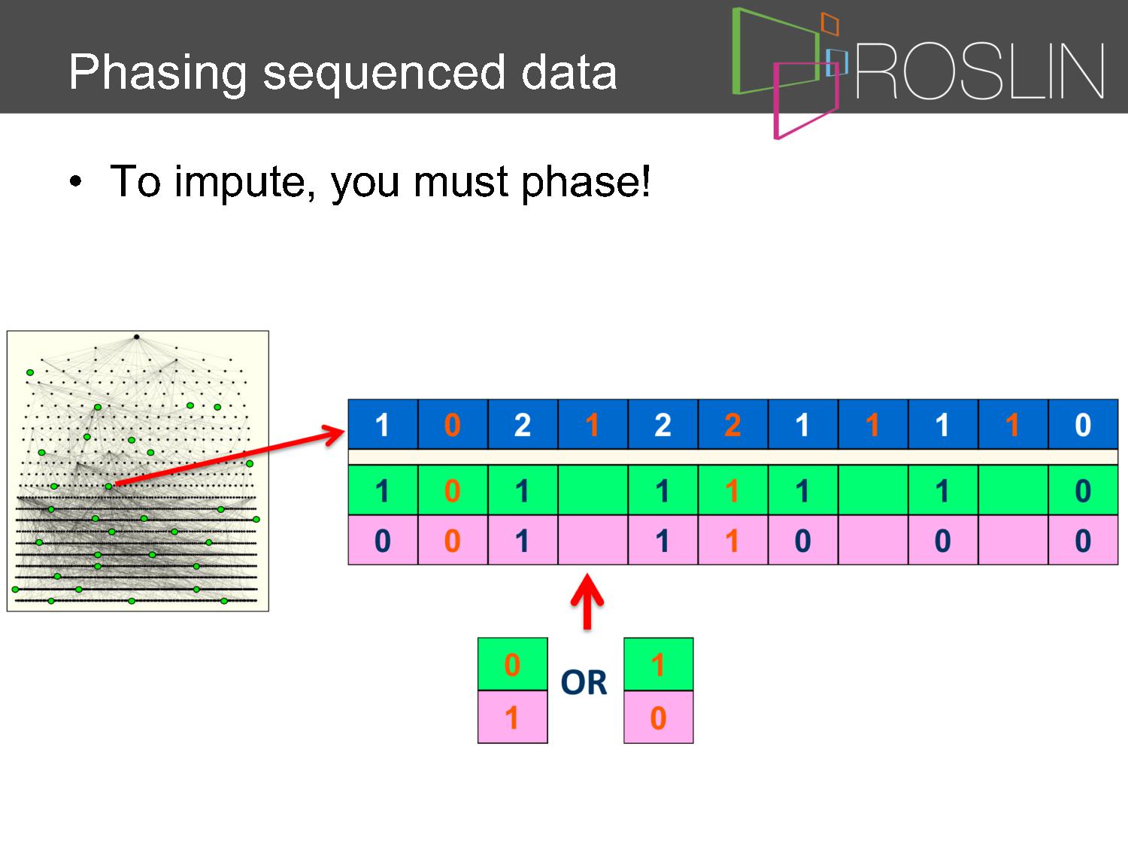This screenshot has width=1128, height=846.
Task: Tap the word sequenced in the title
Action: [384, 74]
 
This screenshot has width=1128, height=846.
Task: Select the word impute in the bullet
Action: [244, 182]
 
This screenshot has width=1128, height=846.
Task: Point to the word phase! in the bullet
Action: [586, 182]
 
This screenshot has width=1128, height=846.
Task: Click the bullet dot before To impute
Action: [75, 181]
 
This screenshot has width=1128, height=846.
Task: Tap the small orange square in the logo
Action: [830, 23]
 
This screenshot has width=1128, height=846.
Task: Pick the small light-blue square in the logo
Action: [836, 62]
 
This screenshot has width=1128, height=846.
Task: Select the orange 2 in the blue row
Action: [732, 425]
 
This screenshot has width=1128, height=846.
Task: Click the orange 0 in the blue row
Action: [452, 425]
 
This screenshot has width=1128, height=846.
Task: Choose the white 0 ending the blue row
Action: [1083, 425]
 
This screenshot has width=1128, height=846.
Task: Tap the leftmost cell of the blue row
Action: [383, 424]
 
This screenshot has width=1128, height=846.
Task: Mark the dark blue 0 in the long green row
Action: [1083, 490]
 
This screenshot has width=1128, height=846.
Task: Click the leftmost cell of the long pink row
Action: [383, 540]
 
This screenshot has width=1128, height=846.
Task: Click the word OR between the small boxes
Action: [584, 682]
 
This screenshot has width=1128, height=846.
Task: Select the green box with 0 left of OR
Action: [512, 664]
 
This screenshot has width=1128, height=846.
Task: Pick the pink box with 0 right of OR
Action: [658, 717]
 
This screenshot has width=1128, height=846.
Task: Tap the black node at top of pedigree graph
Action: [137, 337]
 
